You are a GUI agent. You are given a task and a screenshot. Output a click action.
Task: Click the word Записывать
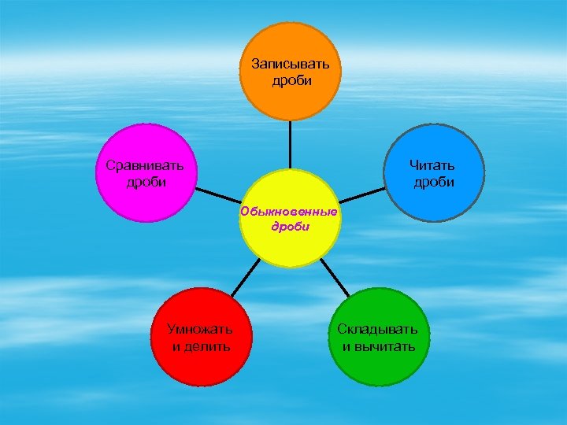(x=290, y=63)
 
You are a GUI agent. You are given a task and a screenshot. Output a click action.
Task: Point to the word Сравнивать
(x=145, y=165)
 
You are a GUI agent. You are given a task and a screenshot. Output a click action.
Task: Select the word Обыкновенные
(x=289, y=212)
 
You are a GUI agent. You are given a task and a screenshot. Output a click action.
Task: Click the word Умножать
(x=200, y=329)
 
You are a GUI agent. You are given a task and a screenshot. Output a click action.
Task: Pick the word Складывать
(x=378, y=329)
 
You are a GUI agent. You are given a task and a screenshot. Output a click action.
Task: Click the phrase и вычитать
(x=378, y=346)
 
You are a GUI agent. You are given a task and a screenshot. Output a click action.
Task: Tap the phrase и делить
(x=200, y=346)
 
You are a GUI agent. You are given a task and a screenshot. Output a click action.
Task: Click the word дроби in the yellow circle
(x=290, y=227)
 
